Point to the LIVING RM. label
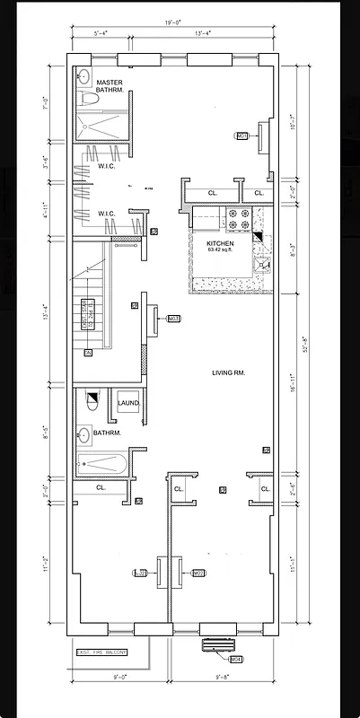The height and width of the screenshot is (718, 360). pyautogui.click(x=229, y=372)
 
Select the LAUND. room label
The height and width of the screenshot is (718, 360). pyautogui.click(x=128, y=404)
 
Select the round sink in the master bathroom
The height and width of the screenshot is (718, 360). pyautogui.click(x=83, y=75)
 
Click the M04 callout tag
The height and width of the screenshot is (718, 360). pyautogui.click(x=236, y=660)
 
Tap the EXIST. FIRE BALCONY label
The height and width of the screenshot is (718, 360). pyautogui.click(x=101, y=652)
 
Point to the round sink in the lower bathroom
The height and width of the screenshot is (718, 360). pyautogui.click(x=88, y=432)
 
